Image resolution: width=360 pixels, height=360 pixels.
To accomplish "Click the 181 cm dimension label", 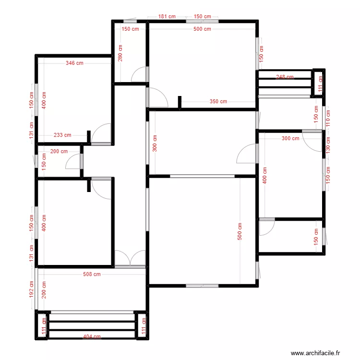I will click(x=167, y=16).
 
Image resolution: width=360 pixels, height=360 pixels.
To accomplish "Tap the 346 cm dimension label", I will click(x=75, y=63).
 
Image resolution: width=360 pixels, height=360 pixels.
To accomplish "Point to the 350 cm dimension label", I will click(x=218, y=101).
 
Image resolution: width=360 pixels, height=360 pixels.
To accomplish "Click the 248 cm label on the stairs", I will click(x=285, y=77).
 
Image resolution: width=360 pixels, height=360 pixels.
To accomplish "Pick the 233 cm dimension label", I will click(x=62, y=135).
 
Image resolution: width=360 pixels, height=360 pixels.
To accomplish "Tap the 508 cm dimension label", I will click(x=92, y=275).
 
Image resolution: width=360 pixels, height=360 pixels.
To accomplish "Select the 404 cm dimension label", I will click(x=92, y=336).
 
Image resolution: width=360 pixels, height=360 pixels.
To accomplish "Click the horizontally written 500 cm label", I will click(x=202, y=29).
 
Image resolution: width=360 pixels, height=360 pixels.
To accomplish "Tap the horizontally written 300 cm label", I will click(x=290, y=138).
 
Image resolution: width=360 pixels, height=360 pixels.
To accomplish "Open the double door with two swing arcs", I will click(x=130, y=258).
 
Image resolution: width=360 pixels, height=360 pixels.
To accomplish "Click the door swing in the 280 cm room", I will click(x=139, y=74).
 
